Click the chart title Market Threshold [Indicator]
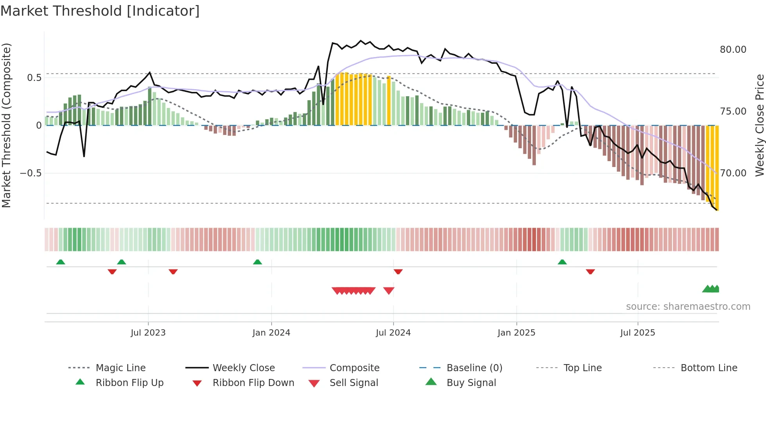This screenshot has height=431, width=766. [x=100, y=11]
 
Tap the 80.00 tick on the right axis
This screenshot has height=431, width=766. [x=733, y=50]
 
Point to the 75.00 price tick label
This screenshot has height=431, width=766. [x=733, y=111]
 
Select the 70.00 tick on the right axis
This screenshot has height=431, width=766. [x=733, y=173]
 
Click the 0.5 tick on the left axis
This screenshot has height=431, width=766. [x=34, y=78]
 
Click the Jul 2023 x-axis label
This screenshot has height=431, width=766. [x=148, y=333]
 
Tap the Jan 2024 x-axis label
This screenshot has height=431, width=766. [x=271, y=333]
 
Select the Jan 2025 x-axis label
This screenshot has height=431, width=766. [x=516, y=333]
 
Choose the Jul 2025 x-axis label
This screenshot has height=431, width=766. [x=637, y=333]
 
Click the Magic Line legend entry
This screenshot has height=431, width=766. [x=120, y=368]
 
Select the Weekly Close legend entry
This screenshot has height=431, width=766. [x=243, y=368]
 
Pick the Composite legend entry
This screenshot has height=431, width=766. [x=354, y=368]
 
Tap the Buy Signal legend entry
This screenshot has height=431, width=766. [x=471, y=383]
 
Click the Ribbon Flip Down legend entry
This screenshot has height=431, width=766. [x=253, y=383]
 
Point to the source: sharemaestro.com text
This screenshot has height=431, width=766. [x=688, y=307]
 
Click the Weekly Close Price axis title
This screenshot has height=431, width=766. [x=759, y=125]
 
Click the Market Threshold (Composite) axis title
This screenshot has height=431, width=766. [x=6, y=125]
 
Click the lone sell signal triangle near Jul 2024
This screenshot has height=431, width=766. [x=388, y=290]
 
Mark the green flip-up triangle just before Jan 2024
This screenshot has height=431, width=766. [x=257, y=262]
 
